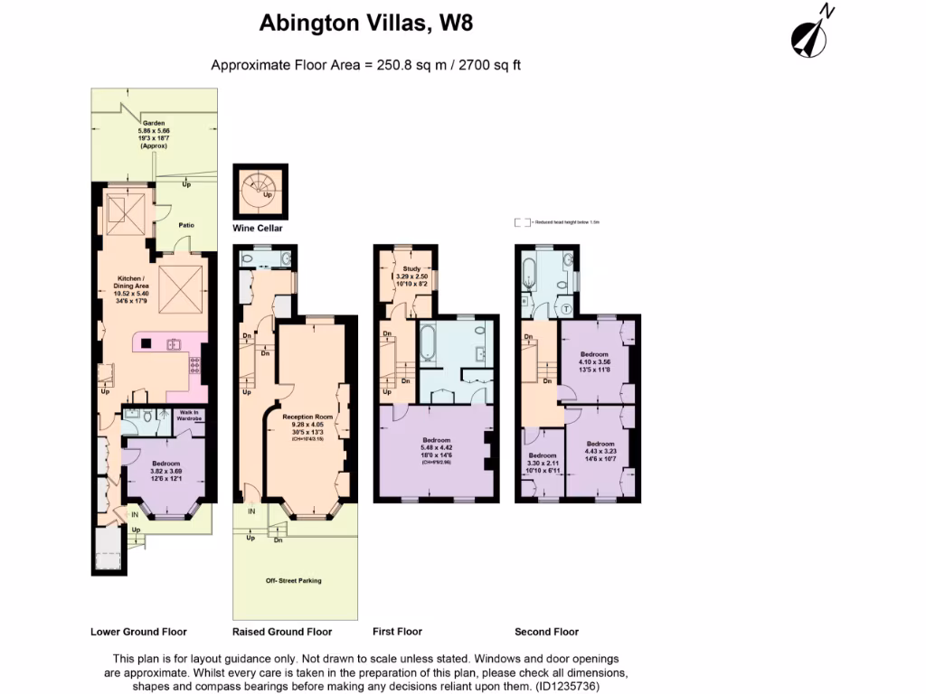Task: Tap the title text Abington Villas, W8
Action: click(365, 23)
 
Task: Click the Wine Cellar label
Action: click(258, 229)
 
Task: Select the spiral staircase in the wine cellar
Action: click(260, 187)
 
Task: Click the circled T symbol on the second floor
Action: click(567, 308)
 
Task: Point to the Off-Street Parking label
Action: click(293, 580)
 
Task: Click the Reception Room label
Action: click(303, 417)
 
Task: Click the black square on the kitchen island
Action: click(146, 342)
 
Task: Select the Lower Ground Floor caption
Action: click(138, 632)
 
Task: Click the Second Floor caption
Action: click(546, 632)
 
